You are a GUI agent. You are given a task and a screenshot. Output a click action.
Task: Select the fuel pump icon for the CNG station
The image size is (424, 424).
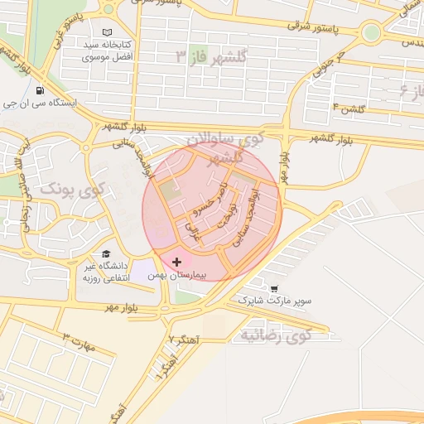40,91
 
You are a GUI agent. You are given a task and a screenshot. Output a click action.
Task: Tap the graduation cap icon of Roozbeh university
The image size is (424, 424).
105,254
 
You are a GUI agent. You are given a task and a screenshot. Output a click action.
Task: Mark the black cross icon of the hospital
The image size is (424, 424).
176,262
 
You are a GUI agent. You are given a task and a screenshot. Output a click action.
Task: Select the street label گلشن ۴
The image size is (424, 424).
347,107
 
